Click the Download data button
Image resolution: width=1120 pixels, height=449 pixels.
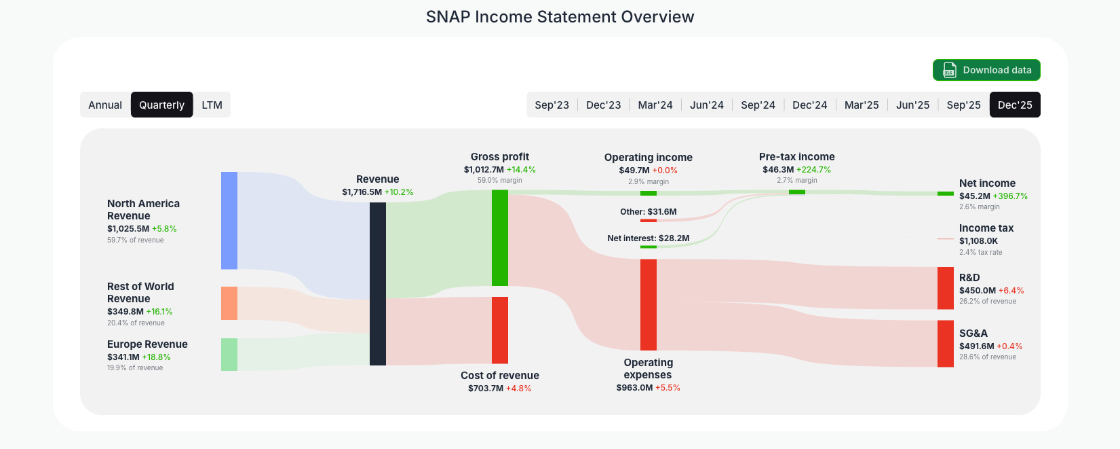click(986, 70)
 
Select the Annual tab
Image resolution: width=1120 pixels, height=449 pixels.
click(105, 105)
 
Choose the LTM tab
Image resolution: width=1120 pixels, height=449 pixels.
click(212, 105)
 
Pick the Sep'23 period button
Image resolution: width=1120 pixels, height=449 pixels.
click(552, 105)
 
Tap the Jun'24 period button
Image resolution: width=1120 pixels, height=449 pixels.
click(706, 105)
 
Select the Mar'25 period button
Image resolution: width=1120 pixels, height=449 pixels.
click(861, 105)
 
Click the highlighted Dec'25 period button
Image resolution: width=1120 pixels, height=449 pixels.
click(1014, 105)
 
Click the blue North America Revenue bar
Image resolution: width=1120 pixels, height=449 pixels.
click(229, 220)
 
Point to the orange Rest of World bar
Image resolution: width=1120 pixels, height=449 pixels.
click(229, 303)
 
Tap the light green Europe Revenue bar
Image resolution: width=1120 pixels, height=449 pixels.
click(229, 354)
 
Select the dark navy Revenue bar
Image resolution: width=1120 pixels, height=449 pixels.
click(378, 283)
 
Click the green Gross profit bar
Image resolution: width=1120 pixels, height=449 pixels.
click(500, 238)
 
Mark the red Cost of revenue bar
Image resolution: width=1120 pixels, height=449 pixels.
click(500, 330)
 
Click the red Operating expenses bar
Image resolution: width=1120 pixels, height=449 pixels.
click(649, 304)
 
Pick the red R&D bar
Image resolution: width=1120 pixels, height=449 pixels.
click(945, 288)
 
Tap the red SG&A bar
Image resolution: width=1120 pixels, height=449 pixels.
click(945, 343)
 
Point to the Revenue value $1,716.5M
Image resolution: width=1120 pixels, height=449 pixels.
click(362, 192)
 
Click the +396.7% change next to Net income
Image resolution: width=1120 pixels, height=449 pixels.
click(1010, 196)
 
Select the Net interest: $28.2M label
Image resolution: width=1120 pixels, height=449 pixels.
click(648, 238)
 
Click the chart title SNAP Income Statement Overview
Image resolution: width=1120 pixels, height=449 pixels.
click(560, 17)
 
